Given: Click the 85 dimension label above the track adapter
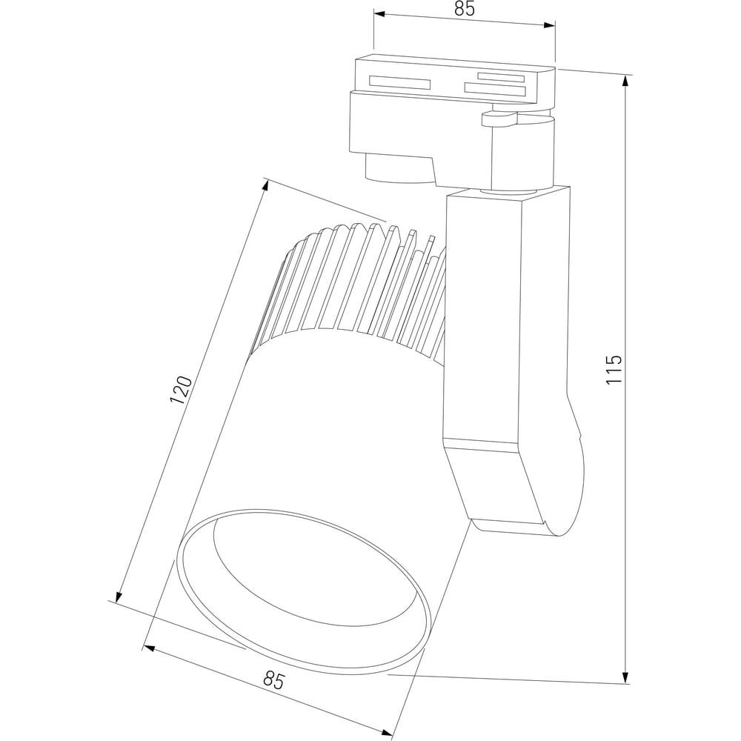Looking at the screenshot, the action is pos(464,9).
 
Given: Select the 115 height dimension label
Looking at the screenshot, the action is pos(614,369).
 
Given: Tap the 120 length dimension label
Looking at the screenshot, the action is pos(181,390).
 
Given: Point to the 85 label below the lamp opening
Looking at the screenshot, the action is pos(274,681).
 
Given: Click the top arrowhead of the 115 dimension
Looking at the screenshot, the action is pos(625,81).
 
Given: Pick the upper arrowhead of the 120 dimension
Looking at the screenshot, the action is pos(265,186).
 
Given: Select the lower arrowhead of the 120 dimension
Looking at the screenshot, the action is pos(119,597).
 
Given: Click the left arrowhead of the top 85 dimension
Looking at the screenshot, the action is pos(379,15).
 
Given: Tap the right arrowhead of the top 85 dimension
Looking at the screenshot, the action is pos(549,25).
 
